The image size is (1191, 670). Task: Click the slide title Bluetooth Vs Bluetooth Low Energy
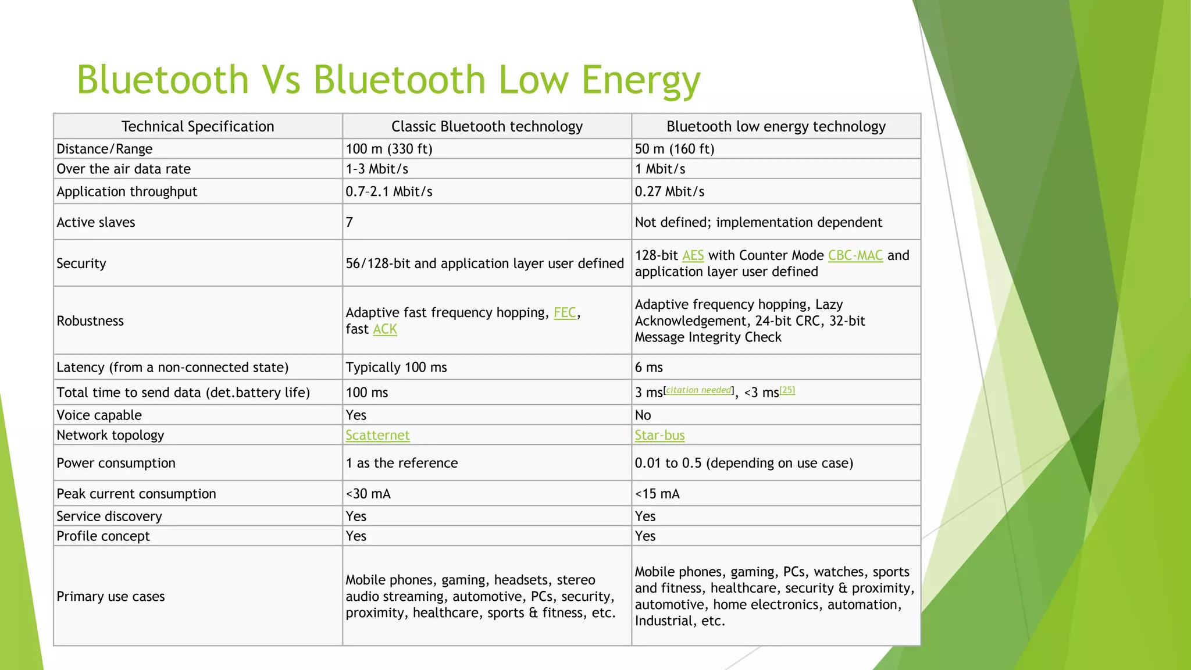tap(388, 80)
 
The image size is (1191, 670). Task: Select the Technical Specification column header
tap(198, 126)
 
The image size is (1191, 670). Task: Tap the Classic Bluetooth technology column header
tap(487, 126)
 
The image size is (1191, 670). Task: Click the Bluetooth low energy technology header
tap(776, 126)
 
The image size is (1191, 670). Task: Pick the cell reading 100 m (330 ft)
tap(389, 149)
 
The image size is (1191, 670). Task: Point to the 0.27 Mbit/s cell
tap(669, 192)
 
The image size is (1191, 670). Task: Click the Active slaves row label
tap(96, 222)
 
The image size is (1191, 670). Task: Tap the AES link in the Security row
tap(693, 255)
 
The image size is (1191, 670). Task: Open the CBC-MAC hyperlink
tap(855, 255)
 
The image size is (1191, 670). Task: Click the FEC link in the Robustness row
tap(565, 313)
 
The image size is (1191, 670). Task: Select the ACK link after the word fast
tap(385, 329)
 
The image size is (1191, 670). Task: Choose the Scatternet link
tap(377, 436)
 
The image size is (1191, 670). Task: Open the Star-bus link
tap(659, 436)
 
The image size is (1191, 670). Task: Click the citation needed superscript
tap(698, 390)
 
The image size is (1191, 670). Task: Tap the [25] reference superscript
tap(787, 390)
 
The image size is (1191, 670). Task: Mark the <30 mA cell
tap(368, 494)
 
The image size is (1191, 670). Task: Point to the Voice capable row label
tap(99, 415)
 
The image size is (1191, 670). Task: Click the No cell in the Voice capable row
tap(643, 415)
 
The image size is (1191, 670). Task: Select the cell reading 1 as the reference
tap(402, 463)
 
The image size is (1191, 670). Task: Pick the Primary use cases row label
tap(110, 596)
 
